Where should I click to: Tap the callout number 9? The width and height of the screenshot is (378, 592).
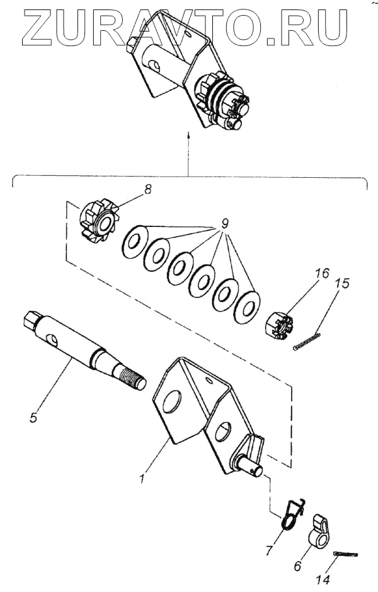[x=226, y=224]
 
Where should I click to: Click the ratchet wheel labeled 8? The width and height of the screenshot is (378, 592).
[x=98, y=219]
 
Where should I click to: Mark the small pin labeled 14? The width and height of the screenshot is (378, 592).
[x=345, y=554]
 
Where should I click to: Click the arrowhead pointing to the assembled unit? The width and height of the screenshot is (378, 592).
[x=188, y=134]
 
